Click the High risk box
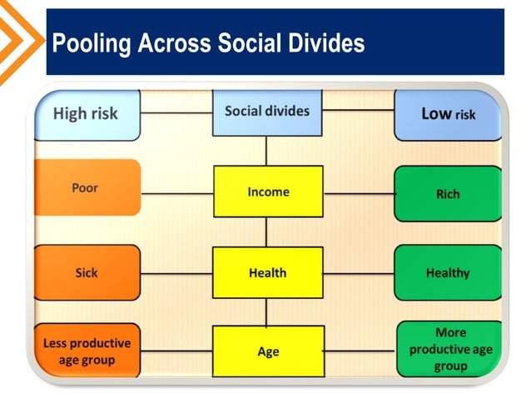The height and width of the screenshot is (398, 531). tap(87, 114)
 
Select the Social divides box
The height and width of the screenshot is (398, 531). tap(266, 112)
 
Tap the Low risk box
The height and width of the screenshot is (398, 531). tap(448, 114)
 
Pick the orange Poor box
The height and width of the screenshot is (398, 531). tap(87, 188)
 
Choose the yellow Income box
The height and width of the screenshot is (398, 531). tap(268, 192)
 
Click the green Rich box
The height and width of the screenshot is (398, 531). tap(448, 194)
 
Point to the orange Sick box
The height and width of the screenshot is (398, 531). tap(87, 272)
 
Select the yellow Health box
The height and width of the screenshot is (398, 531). tap(268, 272)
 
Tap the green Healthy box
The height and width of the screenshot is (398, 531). tap(448, 272)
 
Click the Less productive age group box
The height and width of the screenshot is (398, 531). tap(87, 351)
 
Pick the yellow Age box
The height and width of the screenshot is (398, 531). tap(268, 351)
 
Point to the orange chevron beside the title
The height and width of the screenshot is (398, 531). tap(21, 42)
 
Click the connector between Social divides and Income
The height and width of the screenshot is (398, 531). tap(266, 151)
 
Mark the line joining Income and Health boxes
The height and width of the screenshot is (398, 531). tap(266, 231)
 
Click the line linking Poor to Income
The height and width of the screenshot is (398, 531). tap(176, 194)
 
